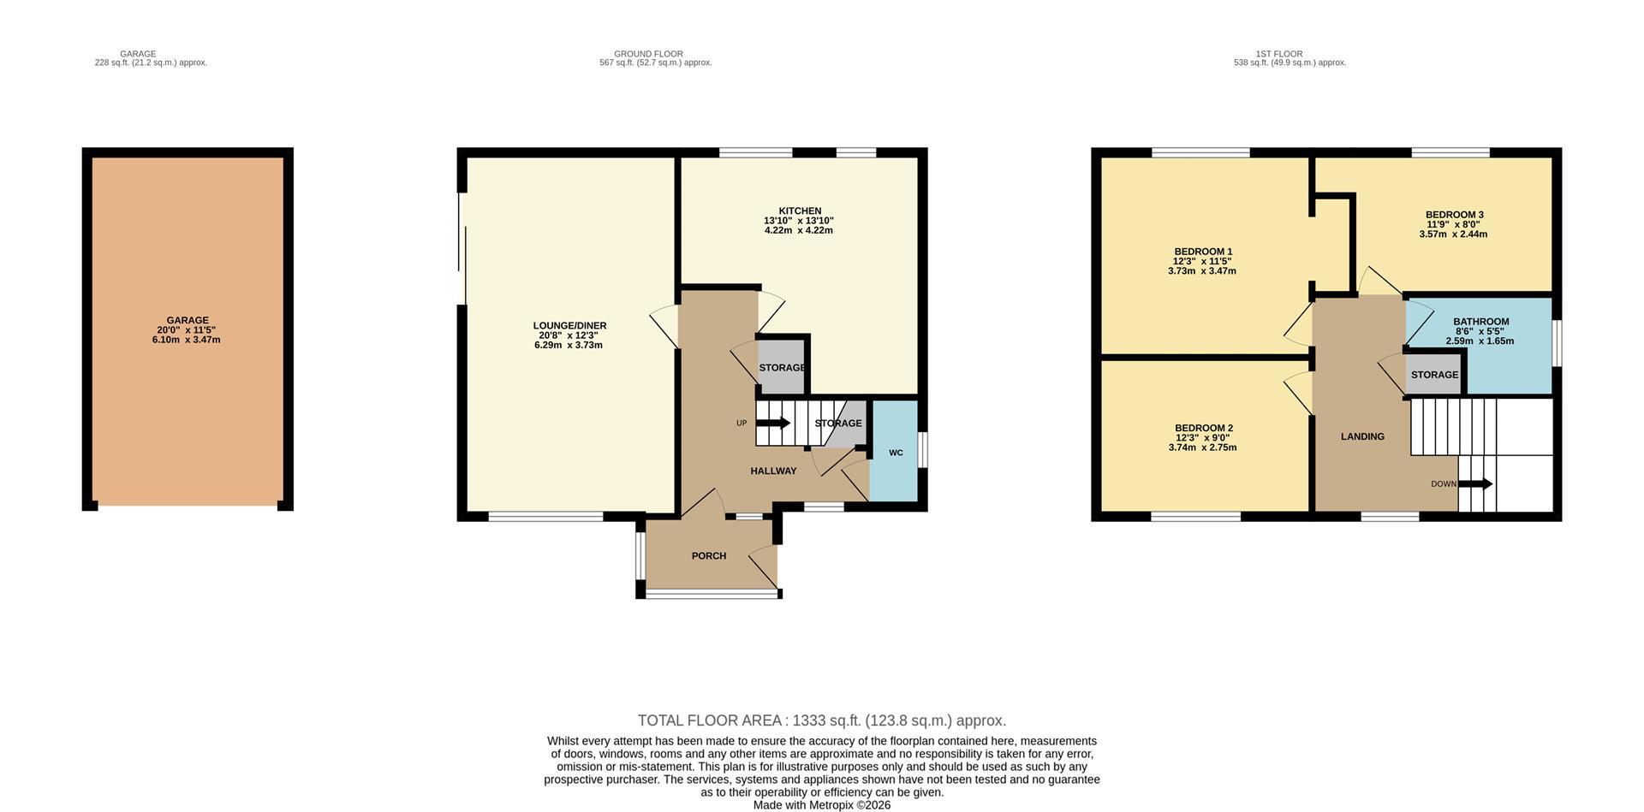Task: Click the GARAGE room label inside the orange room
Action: (188, 320)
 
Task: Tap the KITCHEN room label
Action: (799, 210)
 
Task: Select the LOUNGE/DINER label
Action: (569, 325)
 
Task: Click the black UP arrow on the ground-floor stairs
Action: (774, 423)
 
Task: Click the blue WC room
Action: (894, 453)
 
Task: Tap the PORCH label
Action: (708, 556)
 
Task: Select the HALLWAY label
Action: (773, 471)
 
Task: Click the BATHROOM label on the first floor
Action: (1480, 322)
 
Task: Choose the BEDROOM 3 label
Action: (1454, 215)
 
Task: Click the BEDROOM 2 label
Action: (1203, 428)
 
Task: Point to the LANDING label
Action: (1361, 436)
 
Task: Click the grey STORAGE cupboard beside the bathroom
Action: (1433, 375)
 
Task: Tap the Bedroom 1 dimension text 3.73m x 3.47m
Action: (1201, 271)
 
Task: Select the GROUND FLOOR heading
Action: (648, 54)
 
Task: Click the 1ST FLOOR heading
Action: (1278, 54)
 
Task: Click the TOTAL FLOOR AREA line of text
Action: (821, 720)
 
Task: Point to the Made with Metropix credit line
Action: (821, 805)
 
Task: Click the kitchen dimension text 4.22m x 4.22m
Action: (798, 230)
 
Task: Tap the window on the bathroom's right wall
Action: (1557, 343)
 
